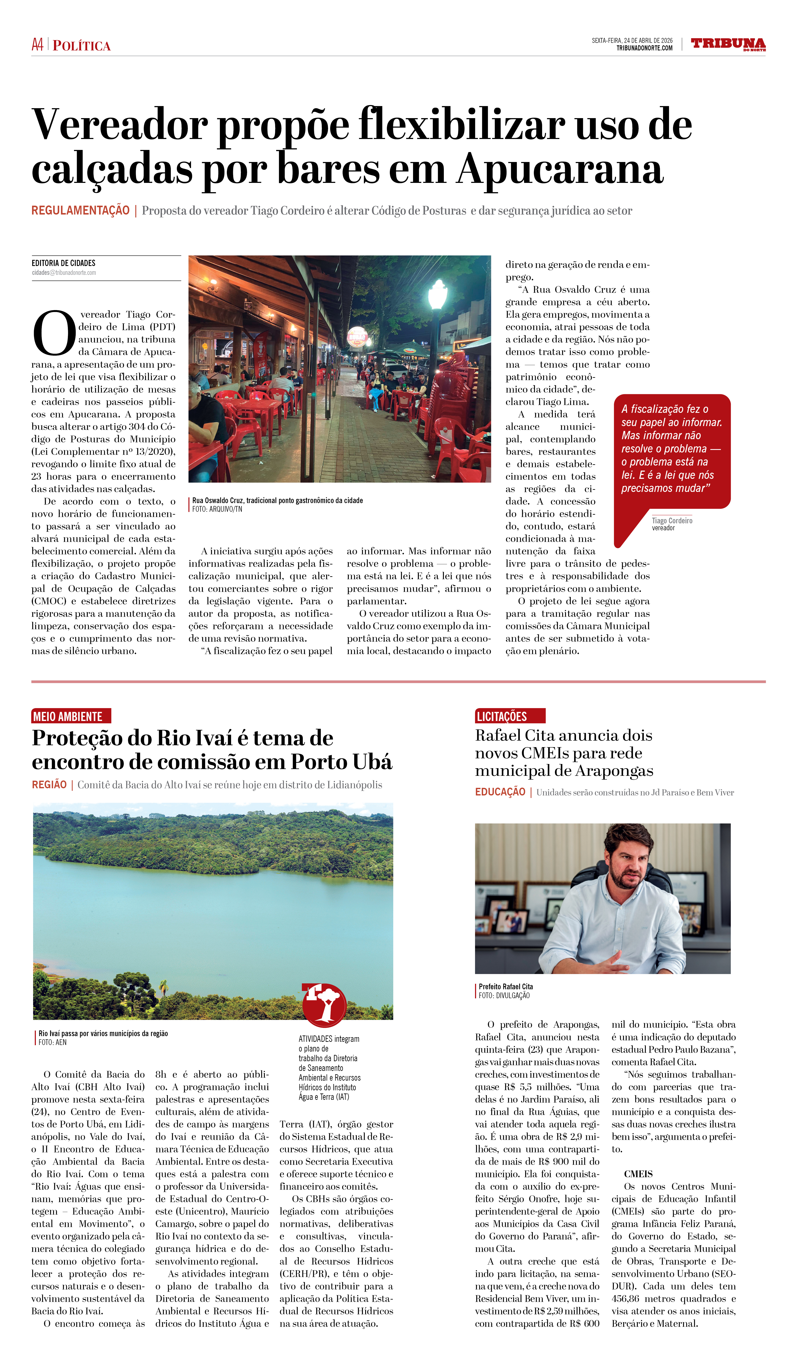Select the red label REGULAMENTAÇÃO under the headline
tap(80, 211)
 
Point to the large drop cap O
tap(54, 332)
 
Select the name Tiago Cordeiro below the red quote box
tap(672, 521)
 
